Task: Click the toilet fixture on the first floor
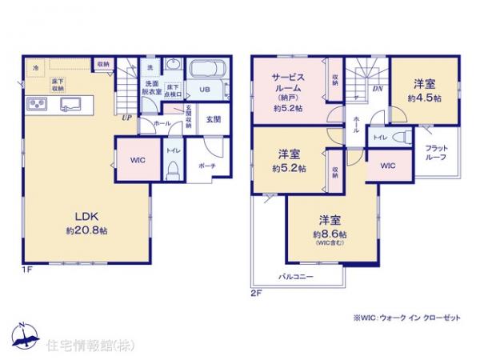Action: click(x=172, y=170)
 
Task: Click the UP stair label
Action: click(x=126, y=117)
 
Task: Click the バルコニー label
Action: click(x=295, y=277)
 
